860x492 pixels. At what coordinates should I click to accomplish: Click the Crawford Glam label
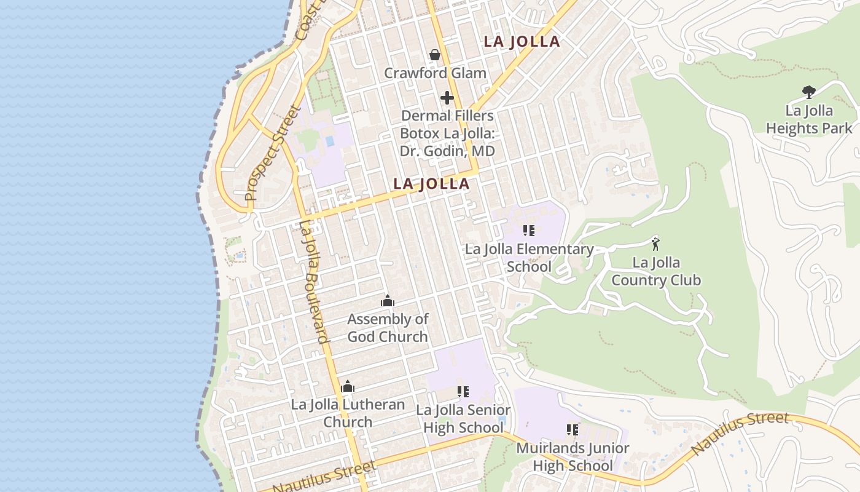tap(435, 73)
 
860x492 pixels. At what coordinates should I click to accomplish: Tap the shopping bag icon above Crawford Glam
tap(435, 55)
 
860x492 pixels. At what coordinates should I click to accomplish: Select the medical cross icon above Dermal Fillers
tap(447, 98)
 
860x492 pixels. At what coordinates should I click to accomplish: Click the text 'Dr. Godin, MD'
tap(447, 151)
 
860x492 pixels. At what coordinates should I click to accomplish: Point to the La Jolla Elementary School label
tap(529, 258)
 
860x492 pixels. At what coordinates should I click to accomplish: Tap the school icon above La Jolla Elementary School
tap(529, 231)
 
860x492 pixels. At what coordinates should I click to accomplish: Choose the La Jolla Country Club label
tap(656, 271)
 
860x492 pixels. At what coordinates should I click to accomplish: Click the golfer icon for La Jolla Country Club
tap(655, 244)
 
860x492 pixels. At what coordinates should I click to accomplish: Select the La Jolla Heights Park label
tap(809, 119)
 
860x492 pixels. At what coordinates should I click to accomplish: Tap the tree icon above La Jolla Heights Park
tap(809, 92)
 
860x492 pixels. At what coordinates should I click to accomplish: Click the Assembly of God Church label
tap(388, 328)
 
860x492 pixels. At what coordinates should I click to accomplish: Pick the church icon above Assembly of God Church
tap(388, 301)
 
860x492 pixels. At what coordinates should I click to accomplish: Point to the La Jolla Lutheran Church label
tap(348, 413)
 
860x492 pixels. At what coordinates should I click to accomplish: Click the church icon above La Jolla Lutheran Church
tap(348, 386)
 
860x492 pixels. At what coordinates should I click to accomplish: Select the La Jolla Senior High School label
tap(463, 419)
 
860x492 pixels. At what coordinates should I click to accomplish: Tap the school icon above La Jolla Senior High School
tap(463, 392)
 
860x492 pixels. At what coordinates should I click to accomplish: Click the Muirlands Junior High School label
tap(573, 456)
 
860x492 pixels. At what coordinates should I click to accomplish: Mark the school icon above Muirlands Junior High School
tap(573, 429)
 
